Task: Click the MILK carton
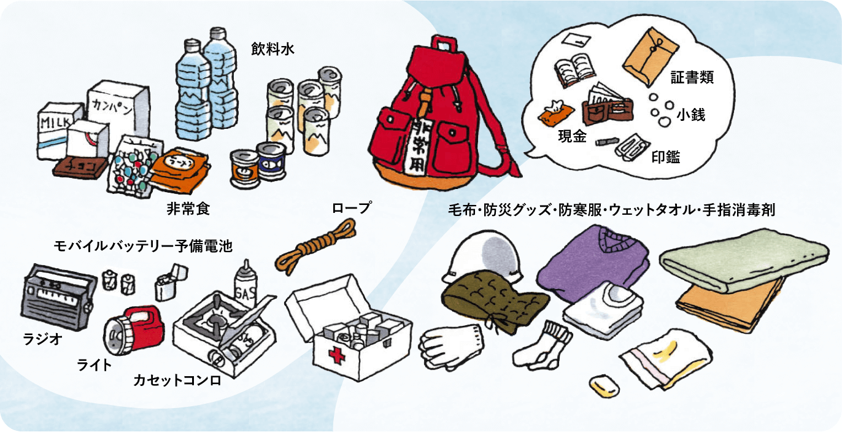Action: click(x=56, y=129)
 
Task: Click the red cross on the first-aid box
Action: click(x=336, y=355)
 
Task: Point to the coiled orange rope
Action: click(x=315, y=245)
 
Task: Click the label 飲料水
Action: click(x=272, y=49)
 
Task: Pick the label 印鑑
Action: click(x=665, y=156)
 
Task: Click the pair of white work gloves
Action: click(x=451, y=347)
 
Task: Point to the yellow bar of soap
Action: click(x=604, y=386)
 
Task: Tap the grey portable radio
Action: click(x=56, y=297)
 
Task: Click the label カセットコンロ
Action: click(x=177, y=380)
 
